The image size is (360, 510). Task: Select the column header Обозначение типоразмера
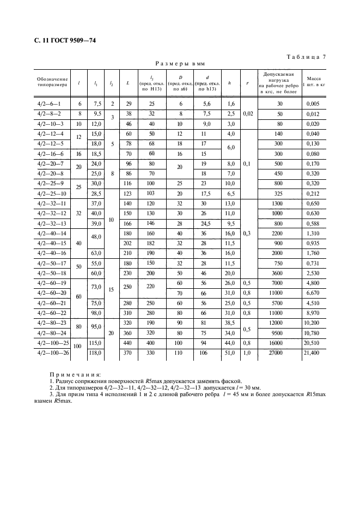click(x=52, y=83)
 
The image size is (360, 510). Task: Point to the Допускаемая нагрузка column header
click(x=279, y=83)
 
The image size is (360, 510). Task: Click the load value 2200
click(x=279, y=233)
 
